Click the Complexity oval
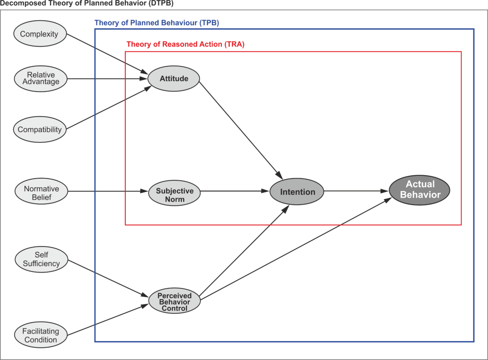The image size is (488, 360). tap(39, 34)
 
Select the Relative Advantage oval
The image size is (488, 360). tap(40, 78)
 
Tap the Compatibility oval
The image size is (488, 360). tap(40, 130)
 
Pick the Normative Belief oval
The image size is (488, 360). tap(41, 192)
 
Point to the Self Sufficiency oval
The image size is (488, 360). tap(41, 260)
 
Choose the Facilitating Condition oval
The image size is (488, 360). tap(41, 336)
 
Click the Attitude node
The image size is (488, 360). tap(174, 79)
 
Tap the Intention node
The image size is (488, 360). tap(297, 192)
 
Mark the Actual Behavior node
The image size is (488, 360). tap(420, 190)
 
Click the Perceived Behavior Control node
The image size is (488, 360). tap(174, 302)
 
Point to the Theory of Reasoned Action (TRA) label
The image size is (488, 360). tap(185, 44)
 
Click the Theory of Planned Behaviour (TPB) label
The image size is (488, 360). tap(157, 23)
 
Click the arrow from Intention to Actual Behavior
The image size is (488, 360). tap(356, 191)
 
